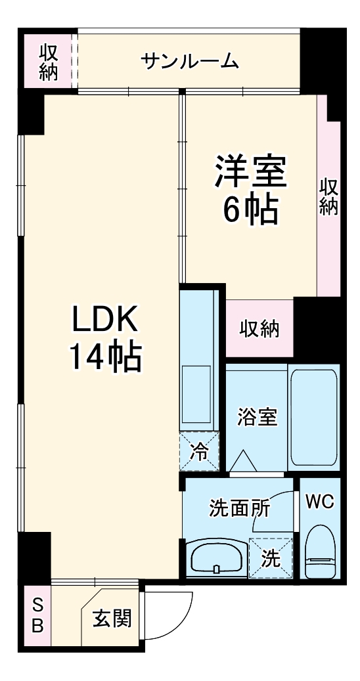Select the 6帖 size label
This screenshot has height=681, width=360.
(250, 210)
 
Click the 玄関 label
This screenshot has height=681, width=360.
(111, 619)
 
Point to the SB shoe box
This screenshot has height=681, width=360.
(37, 615)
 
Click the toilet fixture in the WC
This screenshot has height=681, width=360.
(321, 552)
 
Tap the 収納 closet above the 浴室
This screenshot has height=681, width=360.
(259, 328)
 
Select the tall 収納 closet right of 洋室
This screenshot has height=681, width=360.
(328, 197)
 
